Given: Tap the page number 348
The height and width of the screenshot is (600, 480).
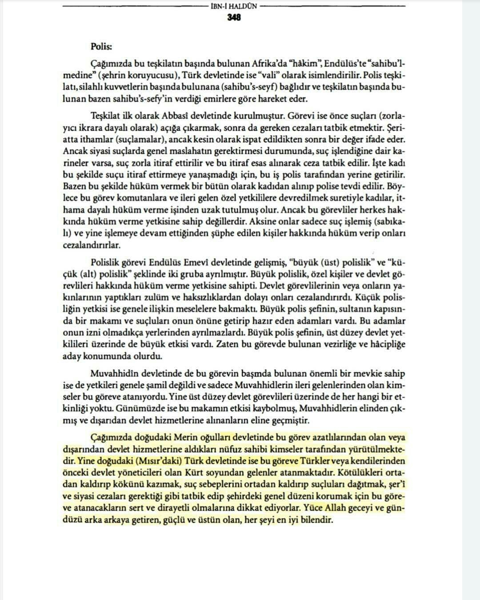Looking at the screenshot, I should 233,18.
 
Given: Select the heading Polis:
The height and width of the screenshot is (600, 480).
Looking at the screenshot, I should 102,46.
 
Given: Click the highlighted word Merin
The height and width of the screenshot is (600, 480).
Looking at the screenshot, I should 184,438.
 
